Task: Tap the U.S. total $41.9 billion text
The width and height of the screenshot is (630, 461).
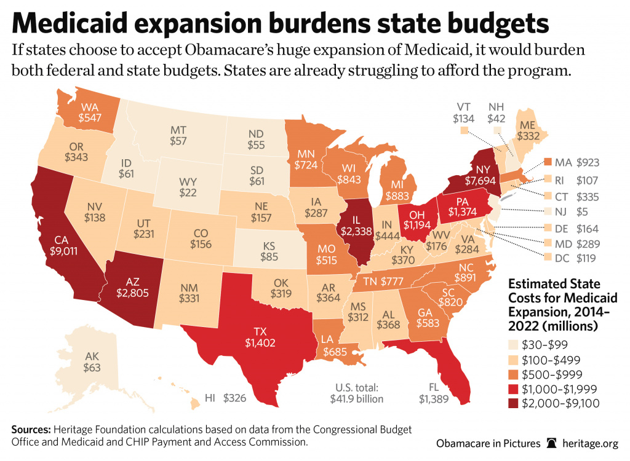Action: [356, 393]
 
